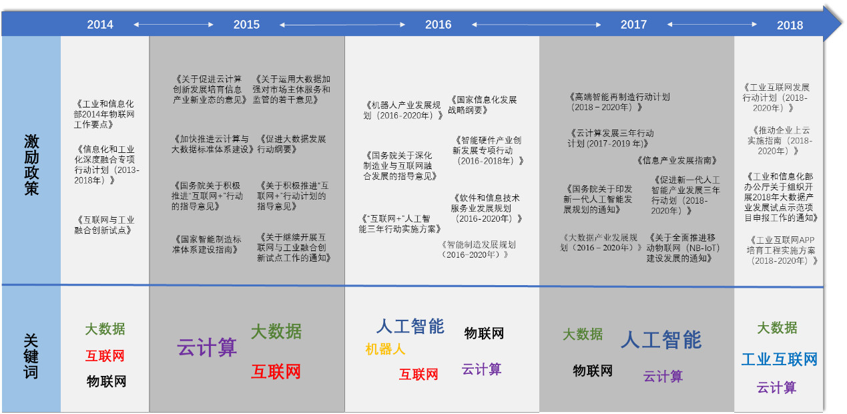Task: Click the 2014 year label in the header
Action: click(x=100, y=25)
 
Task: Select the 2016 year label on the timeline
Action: click(x=438, y=25)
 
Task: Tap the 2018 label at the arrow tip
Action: click(x=790, y=25)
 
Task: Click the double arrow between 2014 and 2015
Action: click(x=174, y=25)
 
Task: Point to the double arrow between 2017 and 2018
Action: click(x=712, y=25)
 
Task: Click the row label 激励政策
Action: click(x=31, y=165)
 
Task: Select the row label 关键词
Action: click(x=31, y=356)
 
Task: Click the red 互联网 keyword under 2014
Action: click(x=105, y=356)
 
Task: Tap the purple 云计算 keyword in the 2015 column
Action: click(x=207, y=347)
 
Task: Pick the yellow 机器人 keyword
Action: click(x=385, y=349)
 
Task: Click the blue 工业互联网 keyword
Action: click(x=779, y=359)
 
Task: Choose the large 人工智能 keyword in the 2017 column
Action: click(x=661, y=339)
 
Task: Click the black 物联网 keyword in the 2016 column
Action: click(x=484, y=333)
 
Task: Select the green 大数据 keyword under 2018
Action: click(x=777, y=328)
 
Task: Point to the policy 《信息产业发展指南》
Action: click(x=677, y=160)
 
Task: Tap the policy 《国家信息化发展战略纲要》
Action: click(x=483, y=105)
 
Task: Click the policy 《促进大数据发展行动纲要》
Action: click(x=292, y=144)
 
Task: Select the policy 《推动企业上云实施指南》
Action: click(x=780, y=140)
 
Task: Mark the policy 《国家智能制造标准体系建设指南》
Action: click(x=206, y=244)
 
